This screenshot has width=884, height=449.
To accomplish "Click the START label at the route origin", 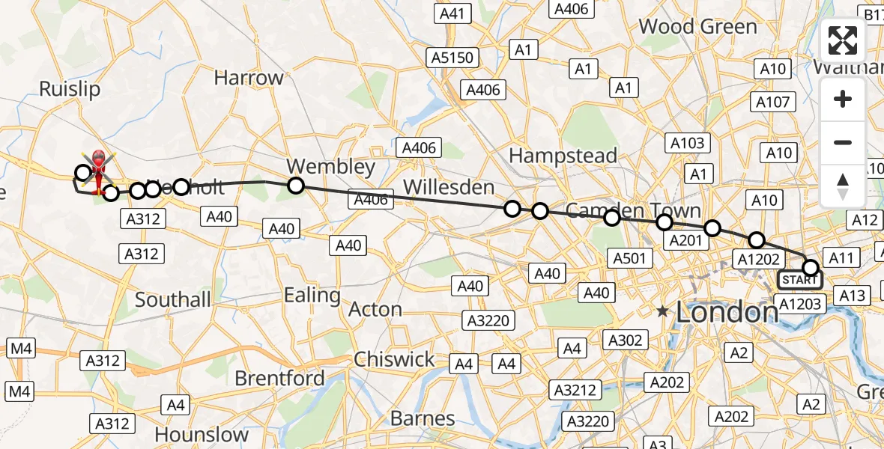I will point(799,281).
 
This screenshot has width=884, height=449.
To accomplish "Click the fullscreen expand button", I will point(843,40).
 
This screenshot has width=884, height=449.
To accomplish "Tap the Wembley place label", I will point(331,166).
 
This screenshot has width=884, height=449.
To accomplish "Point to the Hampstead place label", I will point(563,156).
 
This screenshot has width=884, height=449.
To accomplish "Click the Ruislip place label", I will point(69,89).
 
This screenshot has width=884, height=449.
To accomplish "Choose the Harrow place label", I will point(249,78).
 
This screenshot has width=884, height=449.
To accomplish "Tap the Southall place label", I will point(173,300).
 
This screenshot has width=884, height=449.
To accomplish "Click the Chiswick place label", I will point(394,359).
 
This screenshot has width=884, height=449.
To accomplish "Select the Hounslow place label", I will point(202,434).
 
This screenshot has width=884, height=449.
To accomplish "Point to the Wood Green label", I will point(697,27).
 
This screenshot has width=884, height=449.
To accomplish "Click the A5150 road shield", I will point(453,58).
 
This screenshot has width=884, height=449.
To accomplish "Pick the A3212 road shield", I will point(575,390).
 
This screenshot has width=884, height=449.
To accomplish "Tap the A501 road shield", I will point(629,258).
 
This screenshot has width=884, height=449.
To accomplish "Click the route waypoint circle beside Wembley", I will point(296,186).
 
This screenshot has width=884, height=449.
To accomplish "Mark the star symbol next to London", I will point(662,311).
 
